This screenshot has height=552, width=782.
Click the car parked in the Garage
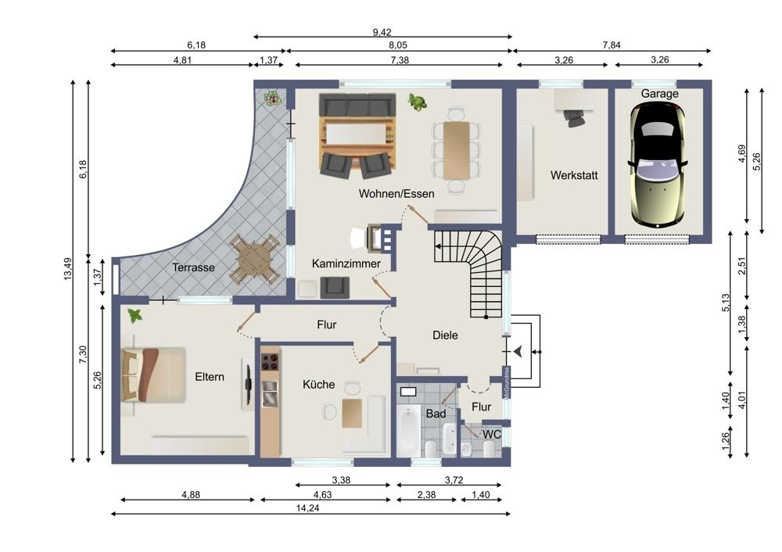click(x=657, y=167)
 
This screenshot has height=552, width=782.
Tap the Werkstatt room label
click(x=574, y=175)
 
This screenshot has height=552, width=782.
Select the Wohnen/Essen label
click(x=396, y=193)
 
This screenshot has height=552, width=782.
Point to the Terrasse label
click(x=193, y=267)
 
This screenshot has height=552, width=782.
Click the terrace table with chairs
click(x=254, y=259)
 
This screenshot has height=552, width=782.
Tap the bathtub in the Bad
click(x=409, y=430)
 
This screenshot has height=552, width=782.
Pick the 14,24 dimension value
click(x=307, y=508)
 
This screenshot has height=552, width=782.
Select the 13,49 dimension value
click(x=68, y=269)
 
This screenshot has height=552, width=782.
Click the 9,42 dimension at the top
click(x=382, y=32)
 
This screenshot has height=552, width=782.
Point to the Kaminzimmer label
click(x=346, y=263)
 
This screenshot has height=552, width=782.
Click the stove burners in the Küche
click(x=270, y=362)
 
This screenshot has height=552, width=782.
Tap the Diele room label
click(x=445, y=335)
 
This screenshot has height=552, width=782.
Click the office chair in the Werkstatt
click(x=574, y=118)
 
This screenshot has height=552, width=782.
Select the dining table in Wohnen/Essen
click(x=457, y=151)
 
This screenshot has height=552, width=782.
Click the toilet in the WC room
click(x=490, y=450)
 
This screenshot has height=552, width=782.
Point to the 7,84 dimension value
click(x=612, y=45)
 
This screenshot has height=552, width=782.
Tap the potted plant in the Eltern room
click(x=135, y=316)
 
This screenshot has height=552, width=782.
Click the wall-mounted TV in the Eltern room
click(x=249, y=384)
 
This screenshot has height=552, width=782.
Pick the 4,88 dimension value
click(x=191, y=495)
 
